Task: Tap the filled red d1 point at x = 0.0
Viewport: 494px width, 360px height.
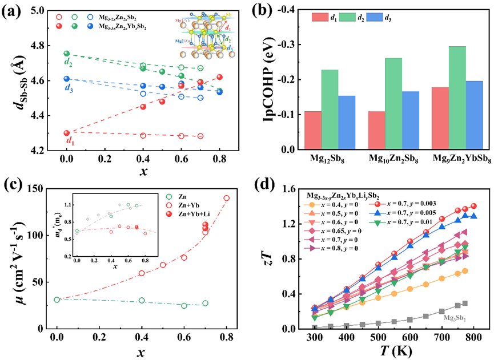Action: tap(67, 133)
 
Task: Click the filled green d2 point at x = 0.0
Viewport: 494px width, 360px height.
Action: tap(67, 54)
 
